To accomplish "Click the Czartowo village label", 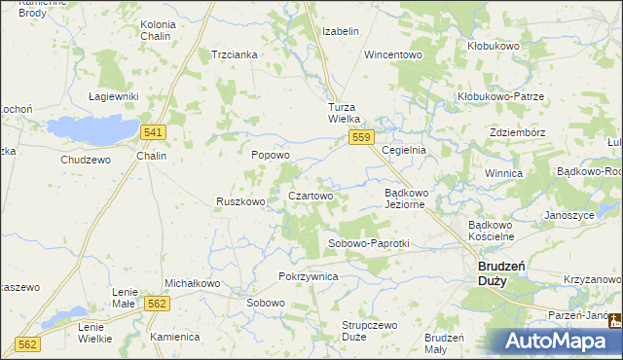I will click(x=311, y=196).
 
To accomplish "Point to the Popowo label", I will click(x=271, y=155).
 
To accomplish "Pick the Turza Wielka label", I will click(x=345, y=112).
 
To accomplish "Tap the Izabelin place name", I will click(x=341, y=31).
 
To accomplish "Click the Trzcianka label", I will click(x=234, y=54).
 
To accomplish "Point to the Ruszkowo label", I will click(x=240, y=202).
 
